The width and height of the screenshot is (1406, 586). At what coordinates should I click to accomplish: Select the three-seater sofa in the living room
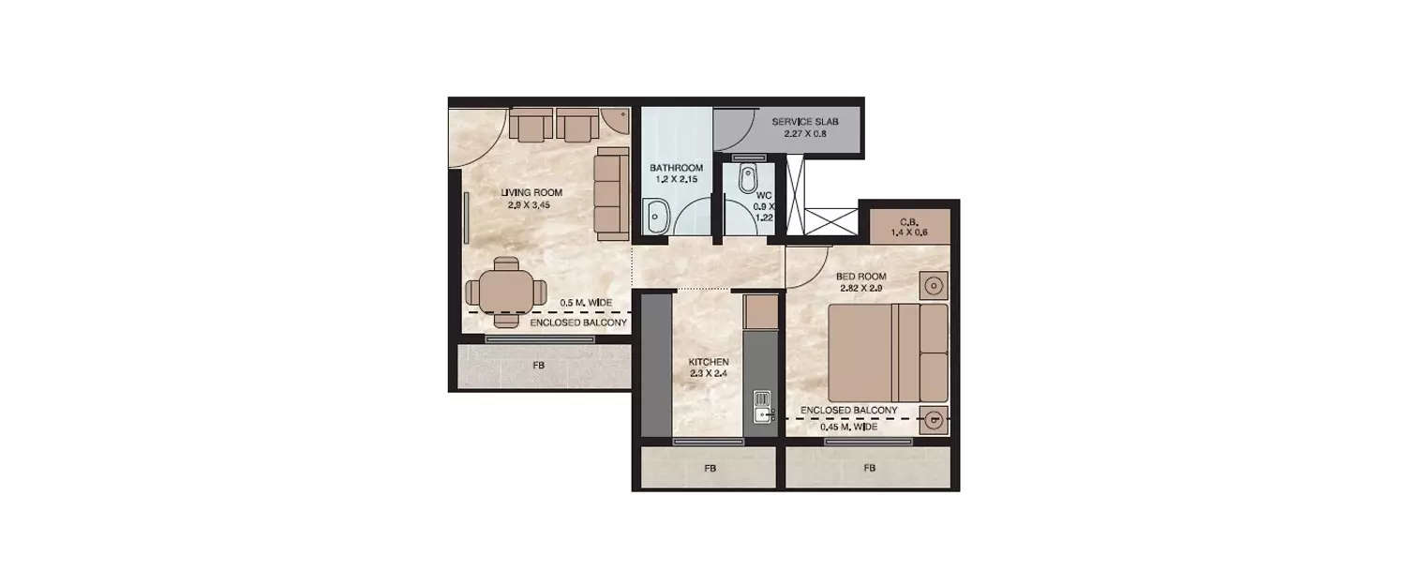611,193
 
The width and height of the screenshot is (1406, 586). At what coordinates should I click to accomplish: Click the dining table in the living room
506,292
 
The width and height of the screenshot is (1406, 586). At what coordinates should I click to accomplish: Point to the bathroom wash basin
656,216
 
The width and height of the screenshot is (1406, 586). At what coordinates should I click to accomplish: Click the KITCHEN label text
709,361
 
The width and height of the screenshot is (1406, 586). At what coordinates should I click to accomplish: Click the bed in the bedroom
889,353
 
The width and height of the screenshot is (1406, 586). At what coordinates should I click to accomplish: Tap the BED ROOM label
860,277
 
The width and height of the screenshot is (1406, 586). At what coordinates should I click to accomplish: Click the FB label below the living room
538,366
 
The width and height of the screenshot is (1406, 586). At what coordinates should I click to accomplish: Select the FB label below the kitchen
709,468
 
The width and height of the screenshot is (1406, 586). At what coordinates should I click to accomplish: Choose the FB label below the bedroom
869,468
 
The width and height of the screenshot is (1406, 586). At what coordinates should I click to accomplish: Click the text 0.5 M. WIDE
586,303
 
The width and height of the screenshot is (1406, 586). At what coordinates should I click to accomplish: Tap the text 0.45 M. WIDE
848,427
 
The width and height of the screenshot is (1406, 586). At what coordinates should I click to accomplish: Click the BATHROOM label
676,169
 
